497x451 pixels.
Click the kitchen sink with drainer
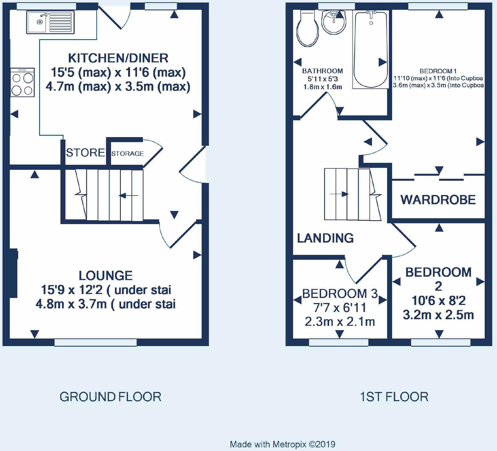coord(51,22)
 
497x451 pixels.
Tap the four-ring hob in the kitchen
coord(22,83)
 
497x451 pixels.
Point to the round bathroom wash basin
coord(334,23)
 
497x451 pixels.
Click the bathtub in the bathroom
coord(371,50)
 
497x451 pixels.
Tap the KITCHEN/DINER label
coord(118,58)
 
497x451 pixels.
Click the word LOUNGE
coord(106,276)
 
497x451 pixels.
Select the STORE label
coord(85,153)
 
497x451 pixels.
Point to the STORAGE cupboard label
coord(128,154)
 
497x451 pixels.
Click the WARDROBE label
coord(438,200)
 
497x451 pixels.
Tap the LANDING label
coord(325,238)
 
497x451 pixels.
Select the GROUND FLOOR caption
coord(110,397)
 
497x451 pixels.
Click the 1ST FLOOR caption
coord(394,397)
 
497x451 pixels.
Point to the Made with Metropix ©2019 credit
coord(282,444)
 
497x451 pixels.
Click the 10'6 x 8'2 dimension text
coord(439,301)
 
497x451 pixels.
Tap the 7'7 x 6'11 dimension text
coord(340,308)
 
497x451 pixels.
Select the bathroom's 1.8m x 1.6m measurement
coord(323,87)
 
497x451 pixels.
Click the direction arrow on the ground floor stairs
coord(128,196)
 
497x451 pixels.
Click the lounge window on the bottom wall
coord(96,342)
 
